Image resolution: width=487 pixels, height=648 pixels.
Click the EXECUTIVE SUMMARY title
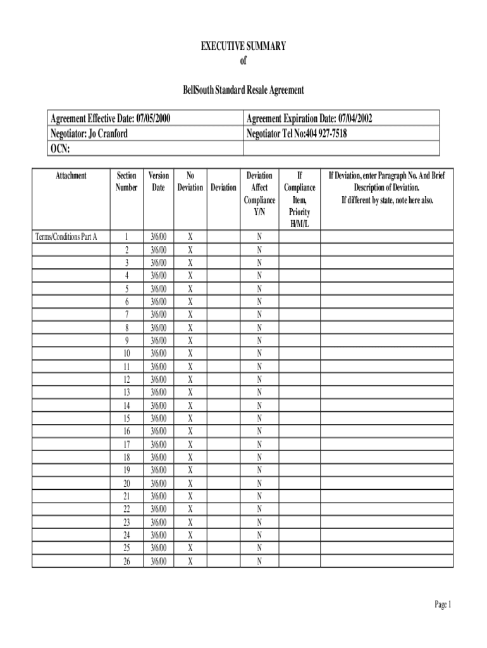[x=244, y=46]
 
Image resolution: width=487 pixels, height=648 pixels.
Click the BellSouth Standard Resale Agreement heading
[x=244, y=90]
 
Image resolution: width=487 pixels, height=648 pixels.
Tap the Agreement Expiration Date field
[x=314, y=118]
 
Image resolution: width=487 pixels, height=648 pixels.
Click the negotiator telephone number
[x=297, y=134]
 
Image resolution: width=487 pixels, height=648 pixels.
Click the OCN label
[x=59, y=149]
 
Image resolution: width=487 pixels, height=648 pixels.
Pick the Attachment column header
[x=71, y=175]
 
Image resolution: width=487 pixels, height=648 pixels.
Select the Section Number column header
[x=126, y=181]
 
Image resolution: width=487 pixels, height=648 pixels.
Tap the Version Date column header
[x=158, y=181]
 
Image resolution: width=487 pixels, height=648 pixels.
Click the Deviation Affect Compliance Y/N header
[x=259, y=194]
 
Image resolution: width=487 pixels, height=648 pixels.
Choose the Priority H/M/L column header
[x=300, y=199]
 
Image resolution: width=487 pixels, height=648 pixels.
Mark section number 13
[x=126, y=392]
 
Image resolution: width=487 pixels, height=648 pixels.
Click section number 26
[x=126, y=561]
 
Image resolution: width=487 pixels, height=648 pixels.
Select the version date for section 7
[x=158, y=315]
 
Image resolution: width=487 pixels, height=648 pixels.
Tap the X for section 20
[x=190, y=483]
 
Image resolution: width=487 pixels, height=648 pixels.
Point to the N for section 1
[x=259, y=237]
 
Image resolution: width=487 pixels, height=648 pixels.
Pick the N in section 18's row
[x=259, y=457]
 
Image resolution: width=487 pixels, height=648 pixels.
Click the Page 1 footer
[x=443, y=606]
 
